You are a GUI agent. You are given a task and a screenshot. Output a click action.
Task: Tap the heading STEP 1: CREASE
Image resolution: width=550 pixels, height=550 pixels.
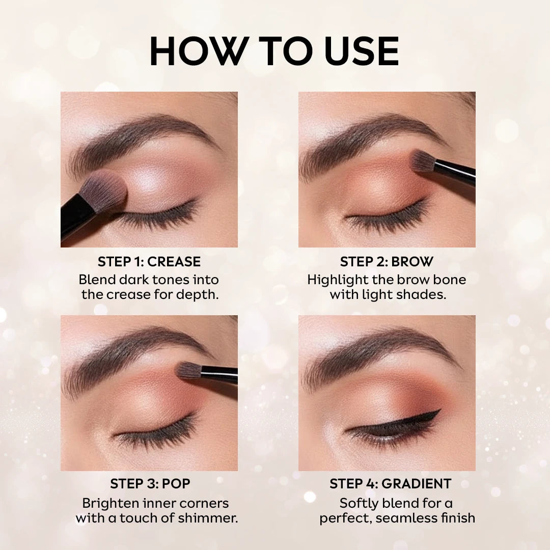(x=149, y=262)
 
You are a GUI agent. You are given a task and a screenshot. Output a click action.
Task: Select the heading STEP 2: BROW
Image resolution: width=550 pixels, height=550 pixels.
(x=387, y=262)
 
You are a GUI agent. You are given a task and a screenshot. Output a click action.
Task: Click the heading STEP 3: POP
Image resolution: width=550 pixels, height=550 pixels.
(x=150, y=483)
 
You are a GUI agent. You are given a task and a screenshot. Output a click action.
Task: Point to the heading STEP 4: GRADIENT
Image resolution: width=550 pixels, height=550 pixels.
(x=390, y=483)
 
